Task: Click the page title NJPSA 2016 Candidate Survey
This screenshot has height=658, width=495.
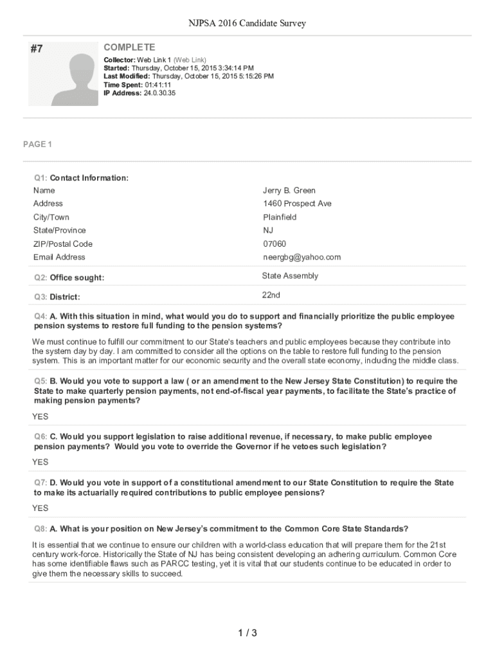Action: point(247,24)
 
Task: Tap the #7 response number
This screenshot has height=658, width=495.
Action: point(37,48)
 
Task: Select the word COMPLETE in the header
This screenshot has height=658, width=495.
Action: point(129,48)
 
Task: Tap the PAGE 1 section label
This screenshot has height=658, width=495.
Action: point(37,145)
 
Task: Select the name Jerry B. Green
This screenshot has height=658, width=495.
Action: point(289,190)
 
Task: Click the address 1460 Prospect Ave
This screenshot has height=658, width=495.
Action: point(297,204)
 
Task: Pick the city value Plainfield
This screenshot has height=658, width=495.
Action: point(280,217)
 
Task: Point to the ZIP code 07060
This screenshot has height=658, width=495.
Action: point(274,244)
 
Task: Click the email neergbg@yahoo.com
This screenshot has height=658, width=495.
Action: point(301,257)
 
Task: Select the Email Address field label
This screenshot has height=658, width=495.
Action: point(59,257)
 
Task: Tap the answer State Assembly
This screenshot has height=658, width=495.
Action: point(290,276)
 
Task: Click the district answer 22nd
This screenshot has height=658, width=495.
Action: point(271,295)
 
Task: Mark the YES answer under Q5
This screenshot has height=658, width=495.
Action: point(40,416)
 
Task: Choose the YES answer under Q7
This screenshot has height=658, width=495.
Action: point(40,508)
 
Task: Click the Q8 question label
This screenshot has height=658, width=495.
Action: point(40,529)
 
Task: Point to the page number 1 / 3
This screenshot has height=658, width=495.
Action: point(247,634)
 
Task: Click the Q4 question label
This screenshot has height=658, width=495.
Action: point(40,317)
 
